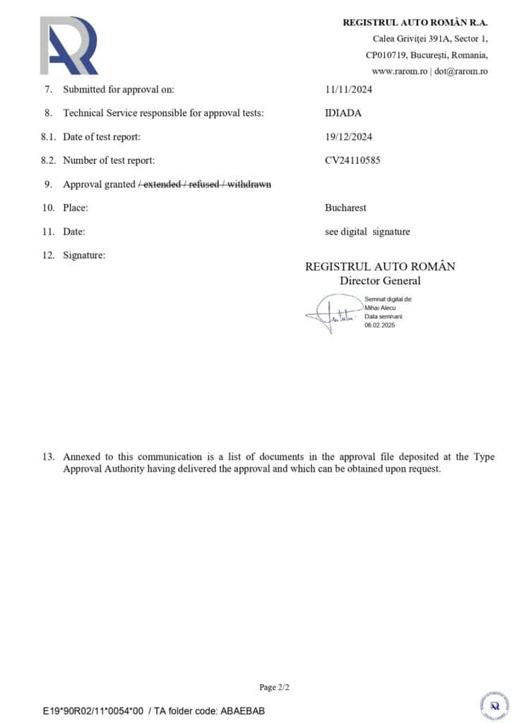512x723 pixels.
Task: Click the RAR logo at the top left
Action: (69, 46)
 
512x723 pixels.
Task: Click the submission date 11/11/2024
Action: (349, 90)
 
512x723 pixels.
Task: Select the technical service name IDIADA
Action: (343, 113)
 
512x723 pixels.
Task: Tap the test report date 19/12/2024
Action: (349, 137)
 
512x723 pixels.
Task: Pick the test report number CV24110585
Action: (352, 160)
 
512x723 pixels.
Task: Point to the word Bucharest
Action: (345, 208)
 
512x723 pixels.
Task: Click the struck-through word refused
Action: (205, 184)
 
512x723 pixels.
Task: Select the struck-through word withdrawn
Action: (249, 184)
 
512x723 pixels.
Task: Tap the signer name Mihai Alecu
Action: (381, 308)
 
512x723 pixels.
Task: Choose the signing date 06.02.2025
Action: (380, 325)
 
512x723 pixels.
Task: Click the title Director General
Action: (380, 281)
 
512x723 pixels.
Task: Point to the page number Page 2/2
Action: (275, 687)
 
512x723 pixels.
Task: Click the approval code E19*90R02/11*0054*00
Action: (93, 711)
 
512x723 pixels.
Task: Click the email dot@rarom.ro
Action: (460, 71)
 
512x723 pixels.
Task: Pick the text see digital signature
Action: (367, 232)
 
